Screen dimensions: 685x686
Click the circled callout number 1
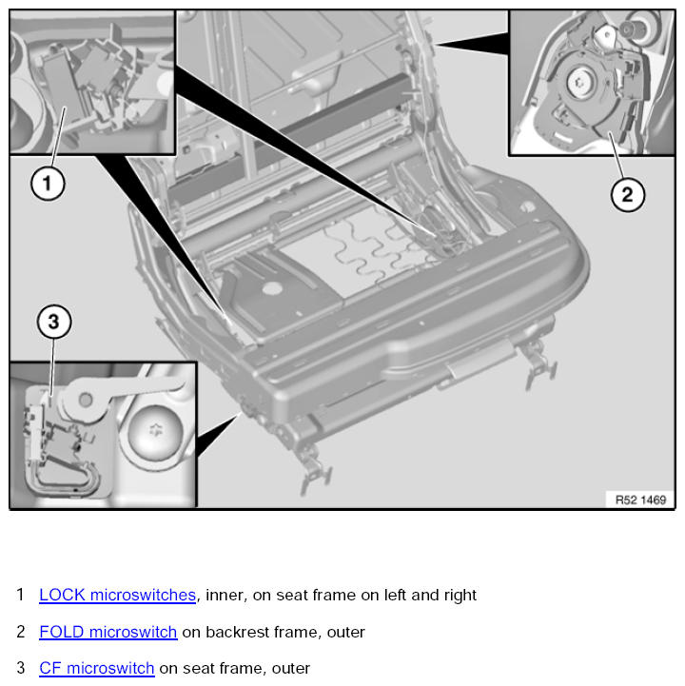tap(48, 183)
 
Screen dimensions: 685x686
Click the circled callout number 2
tap(627, 194)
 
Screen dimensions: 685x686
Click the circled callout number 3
tap(54, 322)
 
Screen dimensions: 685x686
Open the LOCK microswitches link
tap(117, 595)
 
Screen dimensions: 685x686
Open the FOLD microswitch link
tap(108, 632)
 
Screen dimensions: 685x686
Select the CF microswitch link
tap(97, 668)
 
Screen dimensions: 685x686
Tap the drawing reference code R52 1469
tap(640, 500)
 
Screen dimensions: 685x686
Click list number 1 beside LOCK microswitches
tap(20, 595)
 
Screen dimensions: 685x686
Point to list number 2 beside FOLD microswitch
tap(21, 632)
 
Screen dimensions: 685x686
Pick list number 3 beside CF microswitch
tap(21, 668)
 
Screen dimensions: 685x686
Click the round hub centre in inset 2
tap(580, 82)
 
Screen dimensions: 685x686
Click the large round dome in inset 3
tap(155, 432)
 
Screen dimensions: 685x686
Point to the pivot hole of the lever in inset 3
tap(86, 400)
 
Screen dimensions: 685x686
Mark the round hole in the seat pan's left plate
tap(271, 288)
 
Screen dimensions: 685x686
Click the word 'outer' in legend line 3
tap(291, 669)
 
